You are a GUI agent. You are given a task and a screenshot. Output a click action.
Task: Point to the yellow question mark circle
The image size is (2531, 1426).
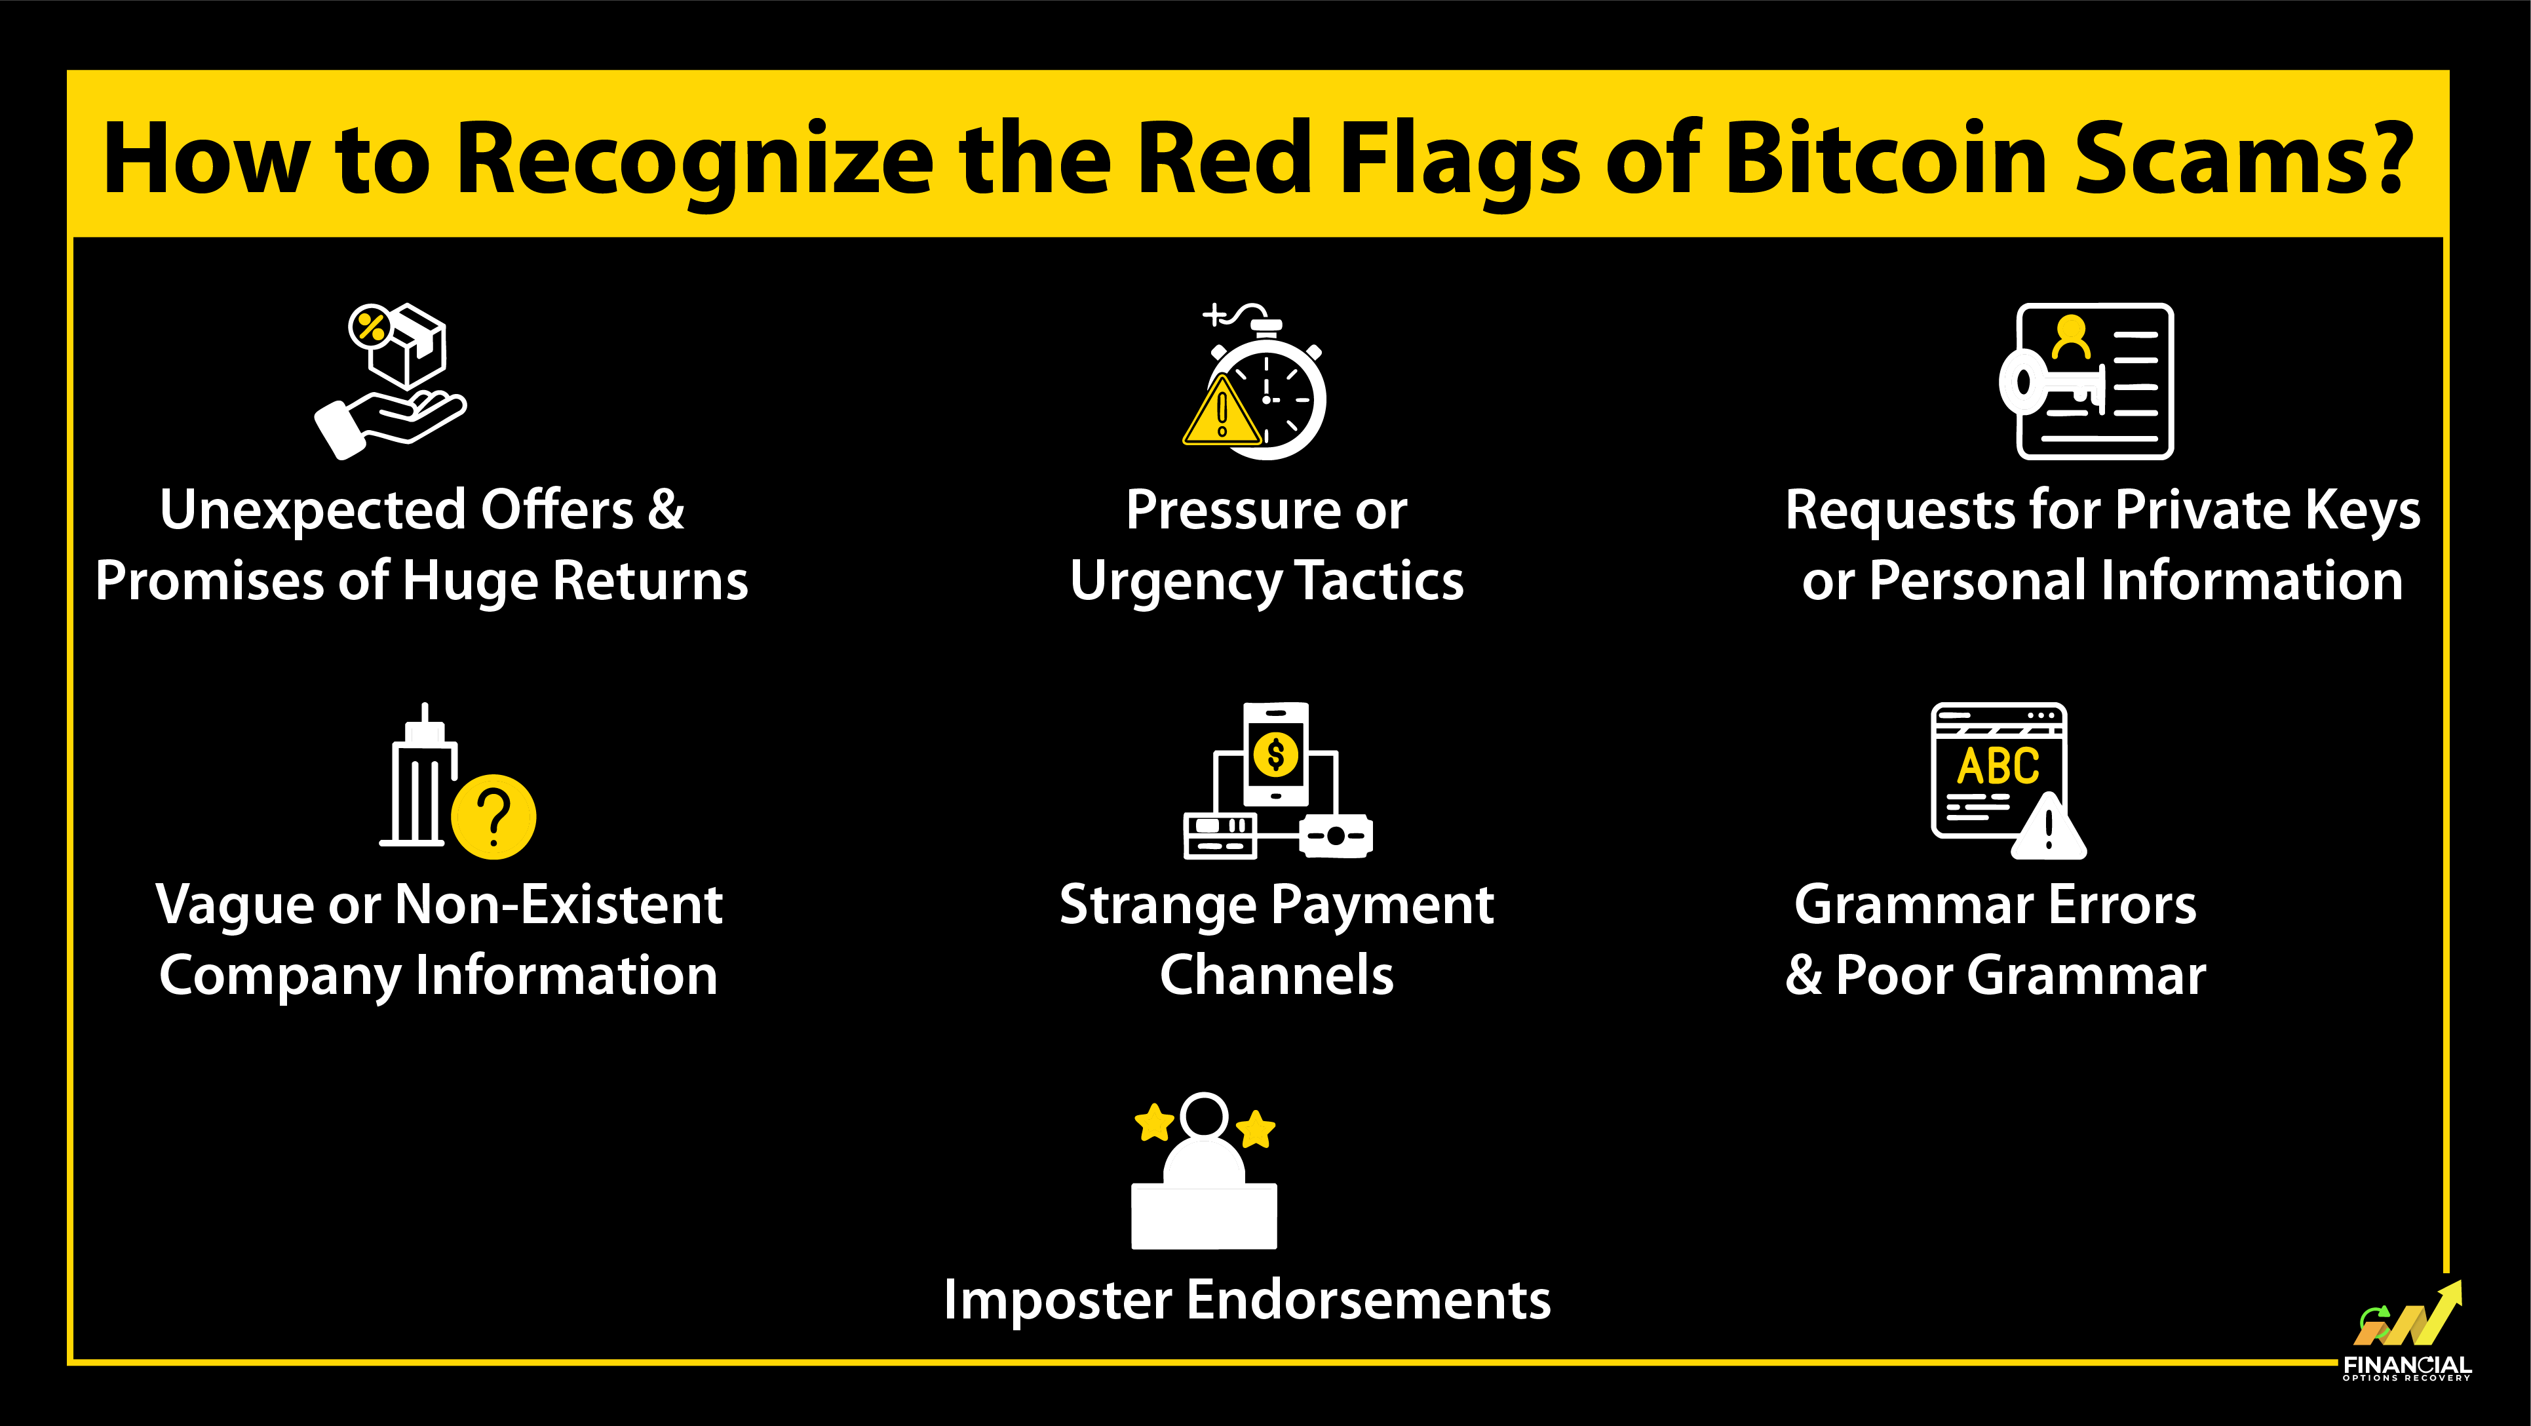click(493, 817)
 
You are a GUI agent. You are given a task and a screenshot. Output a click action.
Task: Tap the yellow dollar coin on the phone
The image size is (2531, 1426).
click(1275, 755)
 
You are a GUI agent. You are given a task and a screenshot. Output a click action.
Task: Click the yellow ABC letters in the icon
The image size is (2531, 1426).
click(1998, 766)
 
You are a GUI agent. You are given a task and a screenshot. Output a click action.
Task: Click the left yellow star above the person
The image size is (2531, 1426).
click(1155, 1121)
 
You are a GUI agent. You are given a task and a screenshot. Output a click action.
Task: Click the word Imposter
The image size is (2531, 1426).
click(1057, 1299)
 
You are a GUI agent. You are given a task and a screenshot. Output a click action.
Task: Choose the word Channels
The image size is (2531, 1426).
click(1276, 975)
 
